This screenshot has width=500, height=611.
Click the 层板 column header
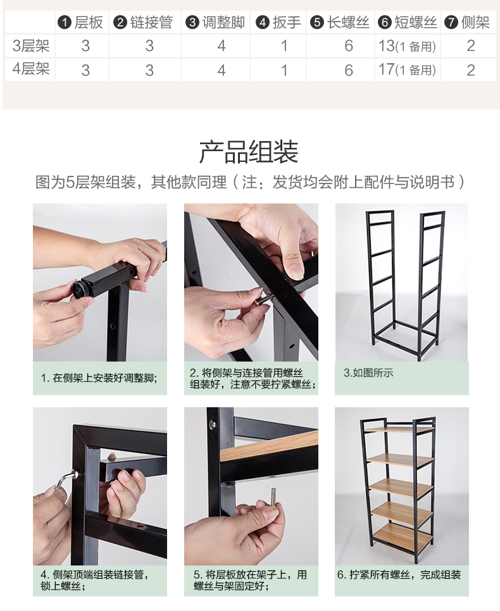pyautogui.click(x=81, y=22)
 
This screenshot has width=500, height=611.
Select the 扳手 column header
pyautogui.click(x=278, y=22)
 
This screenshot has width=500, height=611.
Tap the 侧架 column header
pyautogui.click(x=467, y=22)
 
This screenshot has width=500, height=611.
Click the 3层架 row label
pyautogui.click(x=31, y=46)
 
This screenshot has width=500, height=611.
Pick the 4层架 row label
pyautogui.click(x=31, y=69)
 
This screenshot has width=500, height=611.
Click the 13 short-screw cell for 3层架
pyautogui.click(x=407, y=46)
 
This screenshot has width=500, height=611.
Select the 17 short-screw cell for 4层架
pyautogui.click(x=407, y=70)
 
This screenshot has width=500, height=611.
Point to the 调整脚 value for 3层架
pyautogui.click(x=222, y=46)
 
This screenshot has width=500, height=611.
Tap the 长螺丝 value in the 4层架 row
pyautogui.click(x=349, y=71)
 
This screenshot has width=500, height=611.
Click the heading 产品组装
pyautogui.click(x=249, y=152)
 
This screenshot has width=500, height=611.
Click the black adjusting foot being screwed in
pyautogui.click(x=83, y=289)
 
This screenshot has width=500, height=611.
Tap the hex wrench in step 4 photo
pyautogui.click(x=66, y=481)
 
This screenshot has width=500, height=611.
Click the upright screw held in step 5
pyautogui.click(x=273, y=497)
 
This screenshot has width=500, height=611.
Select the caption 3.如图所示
pyautogui.click(x=368, y=373)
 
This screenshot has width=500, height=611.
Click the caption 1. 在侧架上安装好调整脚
pyautogui.click(x=99, y=378)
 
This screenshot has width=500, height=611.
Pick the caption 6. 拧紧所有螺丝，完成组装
pyautogui.click(x=399, y=575)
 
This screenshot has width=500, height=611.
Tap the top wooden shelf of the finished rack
pyautogui.click(x=399, y=429)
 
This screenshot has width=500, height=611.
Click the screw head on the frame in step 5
pyautogui.click(x=213, y=424)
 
